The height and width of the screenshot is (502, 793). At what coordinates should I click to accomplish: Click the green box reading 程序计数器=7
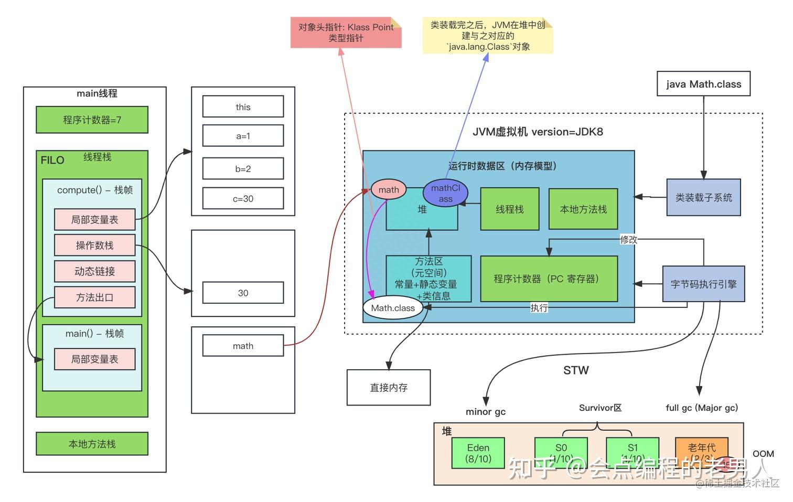click(92, 120)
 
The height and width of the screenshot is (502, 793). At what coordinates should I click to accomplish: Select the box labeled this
click(243, 106)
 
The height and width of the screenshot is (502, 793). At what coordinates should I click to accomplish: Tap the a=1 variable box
click(243, 136)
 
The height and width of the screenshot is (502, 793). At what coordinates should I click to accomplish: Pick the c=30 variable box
click(243, 199)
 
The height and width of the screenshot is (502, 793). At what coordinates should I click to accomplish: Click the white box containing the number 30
click(243, 293)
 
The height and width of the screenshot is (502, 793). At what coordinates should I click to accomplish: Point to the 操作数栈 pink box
click(94, 245)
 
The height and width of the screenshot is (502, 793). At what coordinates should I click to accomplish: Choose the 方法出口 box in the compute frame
click(94, 297)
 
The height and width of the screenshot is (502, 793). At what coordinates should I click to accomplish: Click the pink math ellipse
click(388, 190)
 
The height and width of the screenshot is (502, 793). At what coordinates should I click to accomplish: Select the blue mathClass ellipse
click(445, 193)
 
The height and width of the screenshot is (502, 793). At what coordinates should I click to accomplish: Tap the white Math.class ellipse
click(393, 308)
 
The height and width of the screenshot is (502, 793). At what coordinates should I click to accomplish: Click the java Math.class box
click(703, 84)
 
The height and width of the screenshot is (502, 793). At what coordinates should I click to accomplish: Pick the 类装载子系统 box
click(703, 197)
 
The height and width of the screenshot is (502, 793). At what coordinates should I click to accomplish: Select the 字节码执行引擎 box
click(703, 284)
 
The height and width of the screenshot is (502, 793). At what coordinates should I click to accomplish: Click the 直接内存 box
click(389, 388)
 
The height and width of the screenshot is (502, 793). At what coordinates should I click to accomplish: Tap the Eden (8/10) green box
click(478, 453)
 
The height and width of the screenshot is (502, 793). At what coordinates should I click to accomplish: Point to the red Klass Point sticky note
click(346, 33)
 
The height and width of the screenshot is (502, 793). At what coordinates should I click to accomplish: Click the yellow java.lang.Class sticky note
click(488, 36)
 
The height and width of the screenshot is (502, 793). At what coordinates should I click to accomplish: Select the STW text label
click(576, 370)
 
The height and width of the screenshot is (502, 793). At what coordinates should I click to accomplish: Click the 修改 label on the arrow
click(628, 240)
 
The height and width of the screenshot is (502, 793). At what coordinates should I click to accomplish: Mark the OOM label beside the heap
click(763, 454)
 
